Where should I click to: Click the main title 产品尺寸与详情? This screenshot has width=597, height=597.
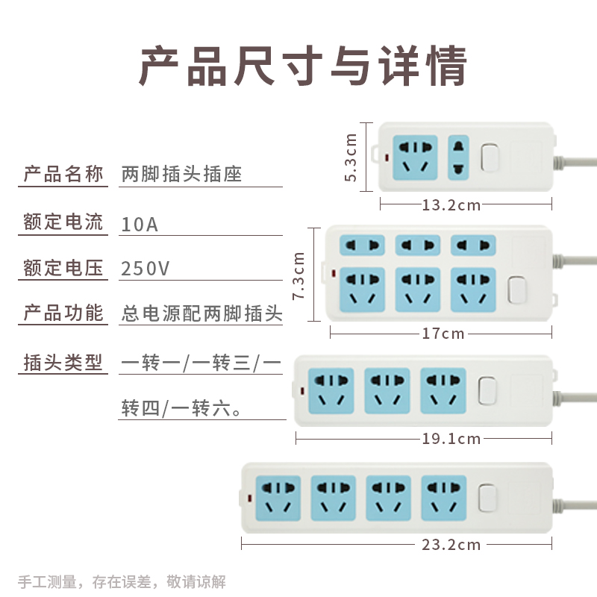(303, 66)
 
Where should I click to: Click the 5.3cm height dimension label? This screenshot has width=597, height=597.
(351, 157)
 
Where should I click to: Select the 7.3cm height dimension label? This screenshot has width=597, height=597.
(299, 275)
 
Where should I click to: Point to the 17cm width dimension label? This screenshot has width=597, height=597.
(443, 334)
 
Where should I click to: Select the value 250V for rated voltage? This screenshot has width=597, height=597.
(145, 269)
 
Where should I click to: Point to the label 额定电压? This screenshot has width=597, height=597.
(63, 268)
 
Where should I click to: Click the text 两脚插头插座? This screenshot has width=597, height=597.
(182, 175)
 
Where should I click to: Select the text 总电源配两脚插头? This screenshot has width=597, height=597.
(201, 313)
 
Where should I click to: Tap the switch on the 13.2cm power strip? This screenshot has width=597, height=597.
(490, 157)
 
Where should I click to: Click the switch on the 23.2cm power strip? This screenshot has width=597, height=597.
(489, 498)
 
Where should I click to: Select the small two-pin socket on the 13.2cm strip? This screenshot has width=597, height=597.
(457, 157)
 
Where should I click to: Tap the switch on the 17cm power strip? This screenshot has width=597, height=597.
(515, 290)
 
